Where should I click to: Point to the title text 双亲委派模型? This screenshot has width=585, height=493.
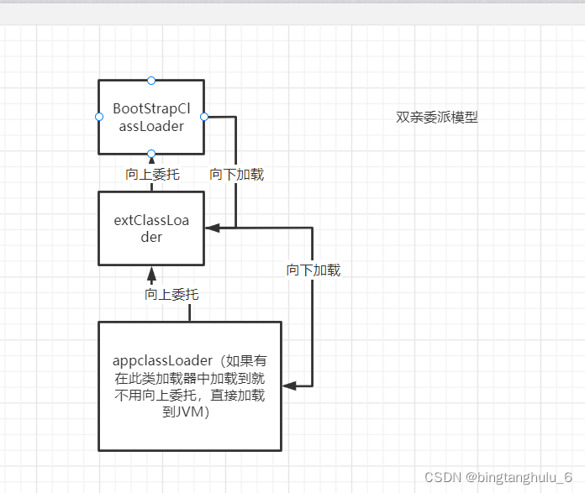pyautogui.click(x=437, y=118)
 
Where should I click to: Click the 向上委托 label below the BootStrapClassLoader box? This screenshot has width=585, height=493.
pyautogui.click(x=152, y=175)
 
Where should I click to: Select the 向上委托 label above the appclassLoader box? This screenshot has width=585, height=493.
pyautogui.click(x=171, y=295)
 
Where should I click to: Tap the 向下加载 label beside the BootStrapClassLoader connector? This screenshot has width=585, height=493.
pyautogui.click(x=237, y=175)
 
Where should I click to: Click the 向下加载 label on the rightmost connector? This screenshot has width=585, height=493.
pyautogui.click(x=314, y=270)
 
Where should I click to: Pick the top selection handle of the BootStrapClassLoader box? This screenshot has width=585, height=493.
pyautogui.click(x=151, y=80)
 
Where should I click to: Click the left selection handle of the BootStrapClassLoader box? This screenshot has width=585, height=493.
pyautogui.click(x=98, y=117)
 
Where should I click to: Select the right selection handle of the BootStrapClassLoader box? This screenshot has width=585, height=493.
pyautogui.click(x=204, y=117)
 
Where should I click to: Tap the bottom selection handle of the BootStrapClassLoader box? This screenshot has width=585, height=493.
pyautogui.click(x=151, y=154)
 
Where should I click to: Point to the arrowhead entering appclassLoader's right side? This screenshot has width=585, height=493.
pyautogui.click(x=287, y=385)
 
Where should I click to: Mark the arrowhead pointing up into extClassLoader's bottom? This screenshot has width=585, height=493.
pyautogui.click(x=151, y=273)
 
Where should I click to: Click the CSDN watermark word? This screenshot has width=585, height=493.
pyautogui.click(x=442, y=477)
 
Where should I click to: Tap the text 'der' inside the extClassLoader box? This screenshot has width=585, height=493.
pyautogui.click(x=151, y=237)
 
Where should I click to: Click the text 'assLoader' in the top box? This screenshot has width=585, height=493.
pyautogui.click(x=151, y=127)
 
